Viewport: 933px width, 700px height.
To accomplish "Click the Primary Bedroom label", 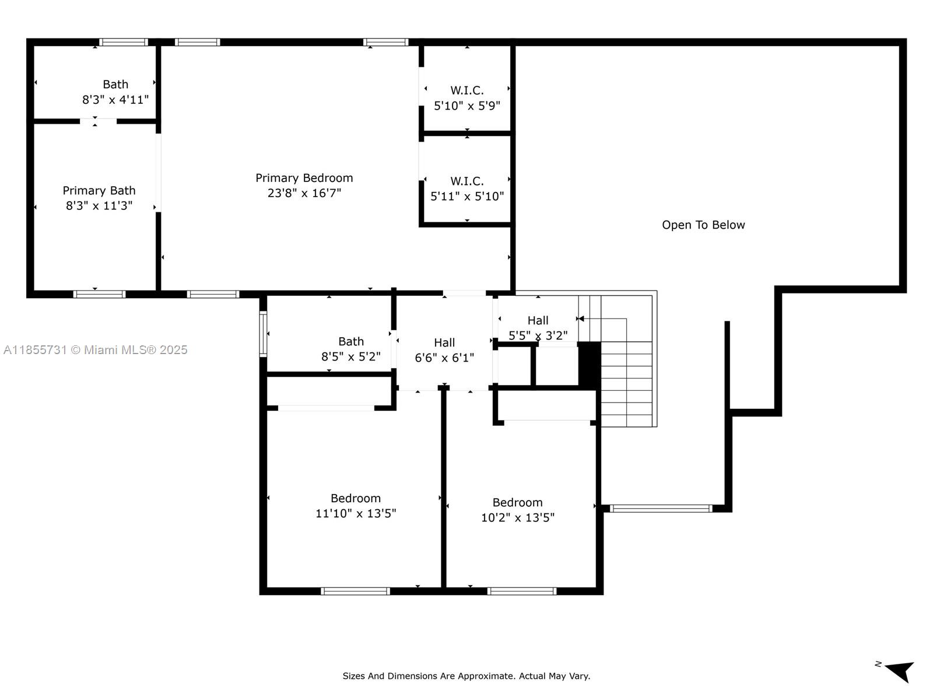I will pyautogui.click(x=304, y=178).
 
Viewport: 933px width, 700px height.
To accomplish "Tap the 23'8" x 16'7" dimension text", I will pyautogui.click(x=304, y=193).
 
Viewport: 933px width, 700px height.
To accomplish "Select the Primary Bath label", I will pyautogui.click(x=99, y=191).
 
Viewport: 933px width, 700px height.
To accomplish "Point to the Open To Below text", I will pyautogui.click(x=703, y=225).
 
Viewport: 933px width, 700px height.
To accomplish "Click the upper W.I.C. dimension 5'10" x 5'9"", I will pyautogui.click(x=467, y=106).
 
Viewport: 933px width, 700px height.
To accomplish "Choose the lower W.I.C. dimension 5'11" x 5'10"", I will pyautogui.click(x=467, y=197).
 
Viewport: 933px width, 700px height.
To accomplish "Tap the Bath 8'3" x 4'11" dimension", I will pyautogui.click(x=115, y=100).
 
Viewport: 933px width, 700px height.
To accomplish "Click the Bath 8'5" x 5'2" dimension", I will pyautogui.click(x=350, y=356).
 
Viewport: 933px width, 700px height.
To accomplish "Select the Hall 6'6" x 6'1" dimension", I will pyautogui.click(x=444, y=358).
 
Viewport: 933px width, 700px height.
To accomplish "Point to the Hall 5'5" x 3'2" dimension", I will pyautogui.click(x=538, y=335).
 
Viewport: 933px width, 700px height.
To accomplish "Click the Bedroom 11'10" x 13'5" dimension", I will pyautogui.click(x=356, y=513).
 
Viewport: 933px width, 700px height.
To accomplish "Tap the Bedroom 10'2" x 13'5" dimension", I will pyautogui.click(x=517, y=517).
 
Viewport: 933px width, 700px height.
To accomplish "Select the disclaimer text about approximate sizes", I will pyautogui.click(x=466, y=676).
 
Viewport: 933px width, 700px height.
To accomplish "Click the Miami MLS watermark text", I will pyautogui.click(x=95, y=350).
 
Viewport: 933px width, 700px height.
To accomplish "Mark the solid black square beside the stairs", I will pyautogui.click(x=589, y=364).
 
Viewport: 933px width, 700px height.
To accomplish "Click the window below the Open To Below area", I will pyautogui.click(x=661, y=509).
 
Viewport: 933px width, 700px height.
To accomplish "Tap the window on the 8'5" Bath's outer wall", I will pyautogui.click(x=263, y=334).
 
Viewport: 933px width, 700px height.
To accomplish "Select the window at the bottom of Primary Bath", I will pyautogui.click(x=99, y=294).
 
